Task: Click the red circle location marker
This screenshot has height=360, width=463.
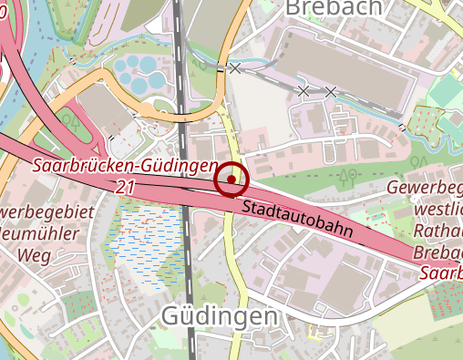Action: (231, 179)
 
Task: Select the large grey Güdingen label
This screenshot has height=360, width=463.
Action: (219, 316)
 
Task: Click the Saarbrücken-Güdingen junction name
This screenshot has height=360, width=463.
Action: (125, 167)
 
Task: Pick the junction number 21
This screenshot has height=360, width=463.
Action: (125, 186)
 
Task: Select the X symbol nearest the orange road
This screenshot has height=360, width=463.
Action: (235, 68)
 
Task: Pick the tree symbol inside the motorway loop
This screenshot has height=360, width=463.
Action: (67, 118)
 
